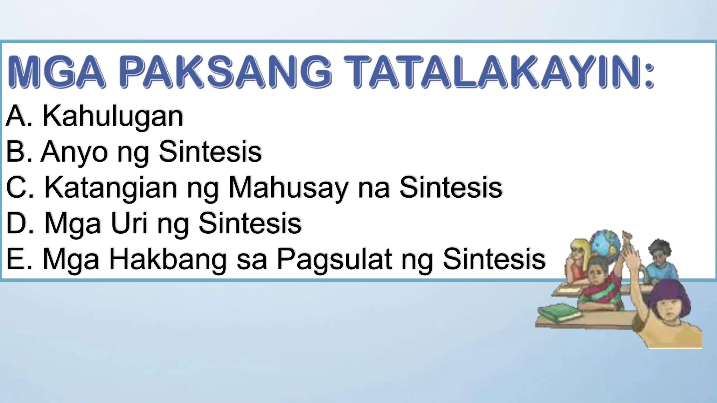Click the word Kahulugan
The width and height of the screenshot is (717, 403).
[113, 116]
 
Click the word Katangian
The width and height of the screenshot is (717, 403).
[111, 188]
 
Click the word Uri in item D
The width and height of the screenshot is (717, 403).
[129, 224]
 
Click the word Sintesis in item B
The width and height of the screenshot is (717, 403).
[210, 152]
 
